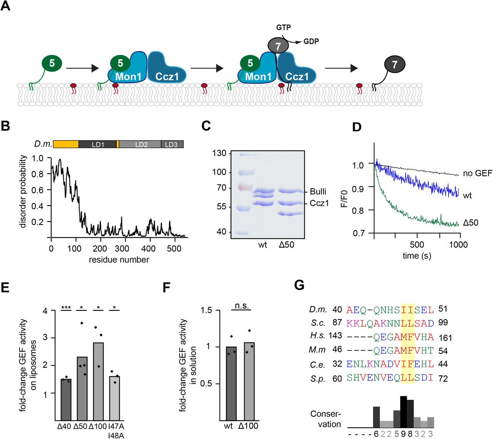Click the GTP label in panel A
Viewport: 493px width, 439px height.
[x=283, y=27]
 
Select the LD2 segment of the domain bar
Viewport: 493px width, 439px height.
[x=141, y=144]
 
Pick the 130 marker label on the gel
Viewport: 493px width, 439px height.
[x=219, y=153]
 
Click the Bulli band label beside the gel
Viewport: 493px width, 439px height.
[x=318, y=191]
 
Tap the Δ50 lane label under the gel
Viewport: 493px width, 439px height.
[x=286, y=245]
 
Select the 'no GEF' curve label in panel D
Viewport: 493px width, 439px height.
[x=477, y=173]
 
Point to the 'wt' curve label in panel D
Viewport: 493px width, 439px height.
[x=467, y=196]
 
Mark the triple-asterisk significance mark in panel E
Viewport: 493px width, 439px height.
[x=66, y=308]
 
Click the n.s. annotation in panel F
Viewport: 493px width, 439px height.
[x=242, y=306]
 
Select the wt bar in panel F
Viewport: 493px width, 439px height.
[x=231, y=383]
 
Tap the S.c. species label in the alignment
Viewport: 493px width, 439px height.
[x=318, y=323]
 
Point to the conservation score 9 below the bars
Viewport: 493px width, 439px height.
[x=403, y=434]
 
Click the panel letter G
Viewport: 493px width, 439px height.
[x=299, y=285]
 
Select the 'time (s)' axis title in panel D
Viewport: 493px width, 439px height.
[x=416, y=256]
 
